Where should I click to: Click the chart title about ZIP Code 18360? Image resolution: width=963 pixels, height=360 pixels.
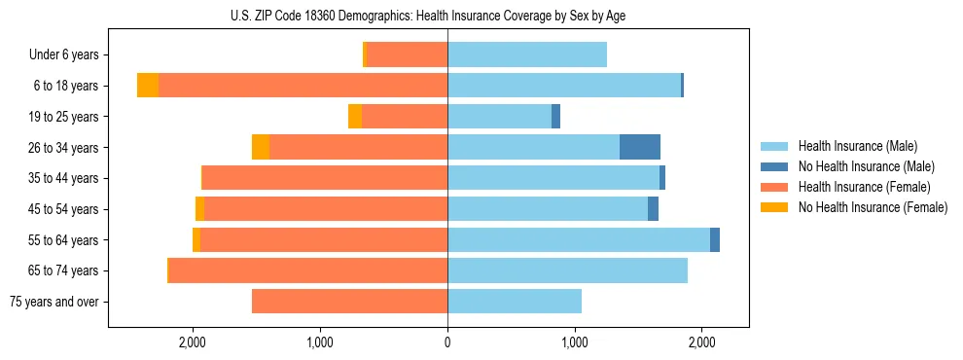(x=447, y=16)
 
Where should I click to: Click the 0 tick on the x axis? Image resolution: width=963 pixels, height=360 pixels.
(x=447, y=342)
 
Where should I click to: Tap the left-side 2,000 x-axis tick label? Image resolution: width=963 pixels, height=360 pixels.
(x=193, y=342)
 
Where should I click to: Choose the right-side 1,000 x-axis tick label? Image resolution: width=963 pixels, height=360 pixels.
(x=575, y=342)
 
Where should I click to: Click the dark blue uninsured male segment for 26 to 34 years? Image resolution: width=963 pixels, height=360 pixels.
(x=640, y=147)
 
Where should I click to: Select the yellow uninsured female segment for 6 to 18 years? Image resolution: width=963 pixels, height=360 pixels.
(x=148, y=86)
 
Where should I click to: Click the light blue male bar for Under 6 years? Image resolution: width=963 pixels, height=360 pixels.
(x=527, y=54)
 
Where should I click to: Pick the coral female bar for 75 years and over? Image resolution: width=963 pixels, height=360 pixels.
(x=349, y=302)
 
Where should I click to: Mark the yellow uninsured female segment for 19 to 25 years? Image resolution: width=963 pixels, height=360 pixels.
(x=355, y=117)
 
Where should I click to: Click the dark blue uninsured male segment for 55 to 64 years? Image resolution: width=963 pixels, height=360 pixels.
(x=715, y=239)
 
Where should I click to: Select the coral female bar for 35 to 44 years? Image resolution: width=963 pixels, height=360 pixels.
(x=325, y=178)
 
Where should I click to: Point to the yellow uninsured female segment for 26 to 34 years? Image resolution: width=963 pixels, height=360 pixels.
(x=261, y=147)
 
